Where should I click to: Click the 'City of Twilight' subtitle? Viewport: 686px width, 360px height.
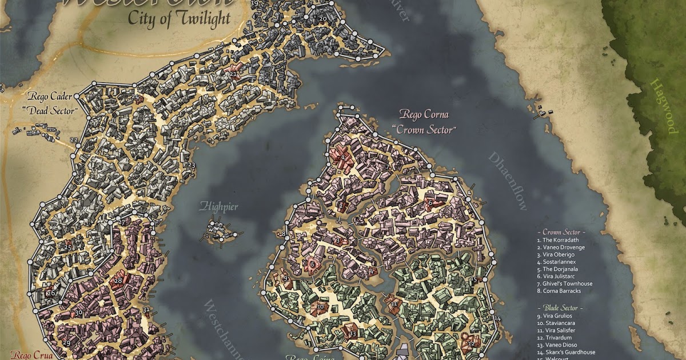pyautogui.click(x=179, y=18)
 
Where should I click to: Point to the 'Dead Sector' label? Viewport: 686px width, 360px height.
pyautogui.click(x=51, y=110)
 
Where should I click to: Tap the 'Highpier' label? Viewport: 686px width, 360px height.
pyautogui.click(x=218, y=207)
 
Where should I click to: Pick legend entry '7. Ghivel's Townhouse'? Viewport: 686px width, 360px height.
pyautogui.click(x=565, y=284)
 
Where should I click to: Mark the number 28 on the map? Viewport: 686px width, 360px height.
pyautogui.click(x=118, y=280)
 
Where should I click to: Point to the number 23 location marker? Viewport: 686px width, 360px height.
pyautogui.click(x=191, y=165)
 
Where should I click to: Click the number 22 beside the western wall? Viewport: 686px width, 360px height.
pyautogui.click(x=73, y=140)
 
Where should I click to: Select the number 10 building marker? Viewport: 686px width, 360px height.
pyautogui.click(x=320, y=307)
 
